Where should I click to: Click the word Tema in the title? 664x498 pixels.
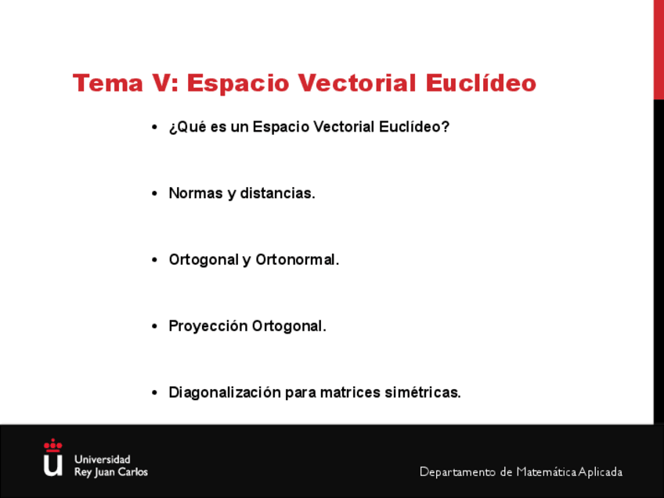click(x=108, y=82)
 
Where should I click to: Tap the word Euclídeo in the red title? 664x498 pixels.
click(x=481, y=82)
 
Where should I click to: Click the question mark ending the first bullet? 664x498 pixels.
click(x=445, y=126)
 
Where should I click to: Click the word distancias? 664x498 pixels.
click(x=277, y=193)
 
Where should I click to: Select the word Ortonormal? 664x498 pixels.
click(x=298, y=259)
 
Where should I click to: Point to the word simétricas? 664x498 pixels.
click(x=423, y=392)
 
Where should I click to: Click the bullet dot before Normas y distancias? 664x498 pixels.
click(x=154, y=193)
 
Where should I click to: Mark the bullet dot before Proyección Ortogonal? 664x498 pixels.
click(x=154, y=327)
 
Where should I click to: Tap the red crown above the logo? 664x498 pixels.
click(x=53, y=446)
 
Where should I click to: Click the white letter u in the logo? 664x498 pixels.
click(x=53, y=465)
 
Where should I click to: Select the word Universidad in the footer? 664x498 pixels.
click(x=103, y=460)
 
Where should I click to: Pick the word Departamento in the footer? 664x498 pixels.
click(x=458, y=471)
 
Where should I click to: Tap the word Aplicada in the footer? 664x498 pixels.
click(x=601, y=471)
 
